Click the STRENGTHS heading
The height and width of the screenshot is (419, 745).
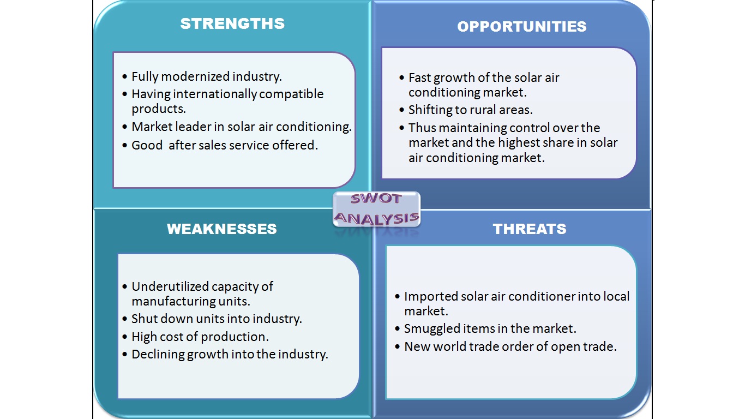tap(232, 23)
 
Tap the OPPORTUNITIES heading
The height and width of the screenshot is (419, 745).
tap(522, 27)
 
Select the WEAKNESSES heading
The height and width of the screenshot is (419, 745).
tap(222, 229)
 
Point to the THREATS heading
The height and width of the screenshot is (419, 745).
tap(530, 229)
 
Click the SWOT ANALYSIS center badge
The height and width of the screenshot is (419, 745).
tap(376, 209)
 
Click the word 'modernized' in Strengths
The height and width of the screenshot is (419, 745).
tap(196, 76)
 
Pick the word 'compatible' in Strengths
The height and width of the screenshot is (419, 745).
tap(291, 94)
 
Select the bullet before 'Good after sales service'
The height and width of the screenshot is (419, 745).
tap(125, 145)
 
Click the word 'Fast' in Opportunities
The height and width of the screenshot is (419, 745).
tap(419, 77)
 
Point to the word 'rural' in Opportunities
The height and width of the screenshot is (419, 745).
tap(485, 110)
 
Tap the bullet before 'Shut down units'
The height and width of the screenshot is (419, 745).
tap(125, 319)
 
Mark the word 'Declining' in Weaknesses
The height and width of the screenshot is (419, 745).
tap(158, 355)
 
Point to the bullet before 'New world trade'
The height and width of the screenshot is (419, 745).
tap(398, 347)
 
